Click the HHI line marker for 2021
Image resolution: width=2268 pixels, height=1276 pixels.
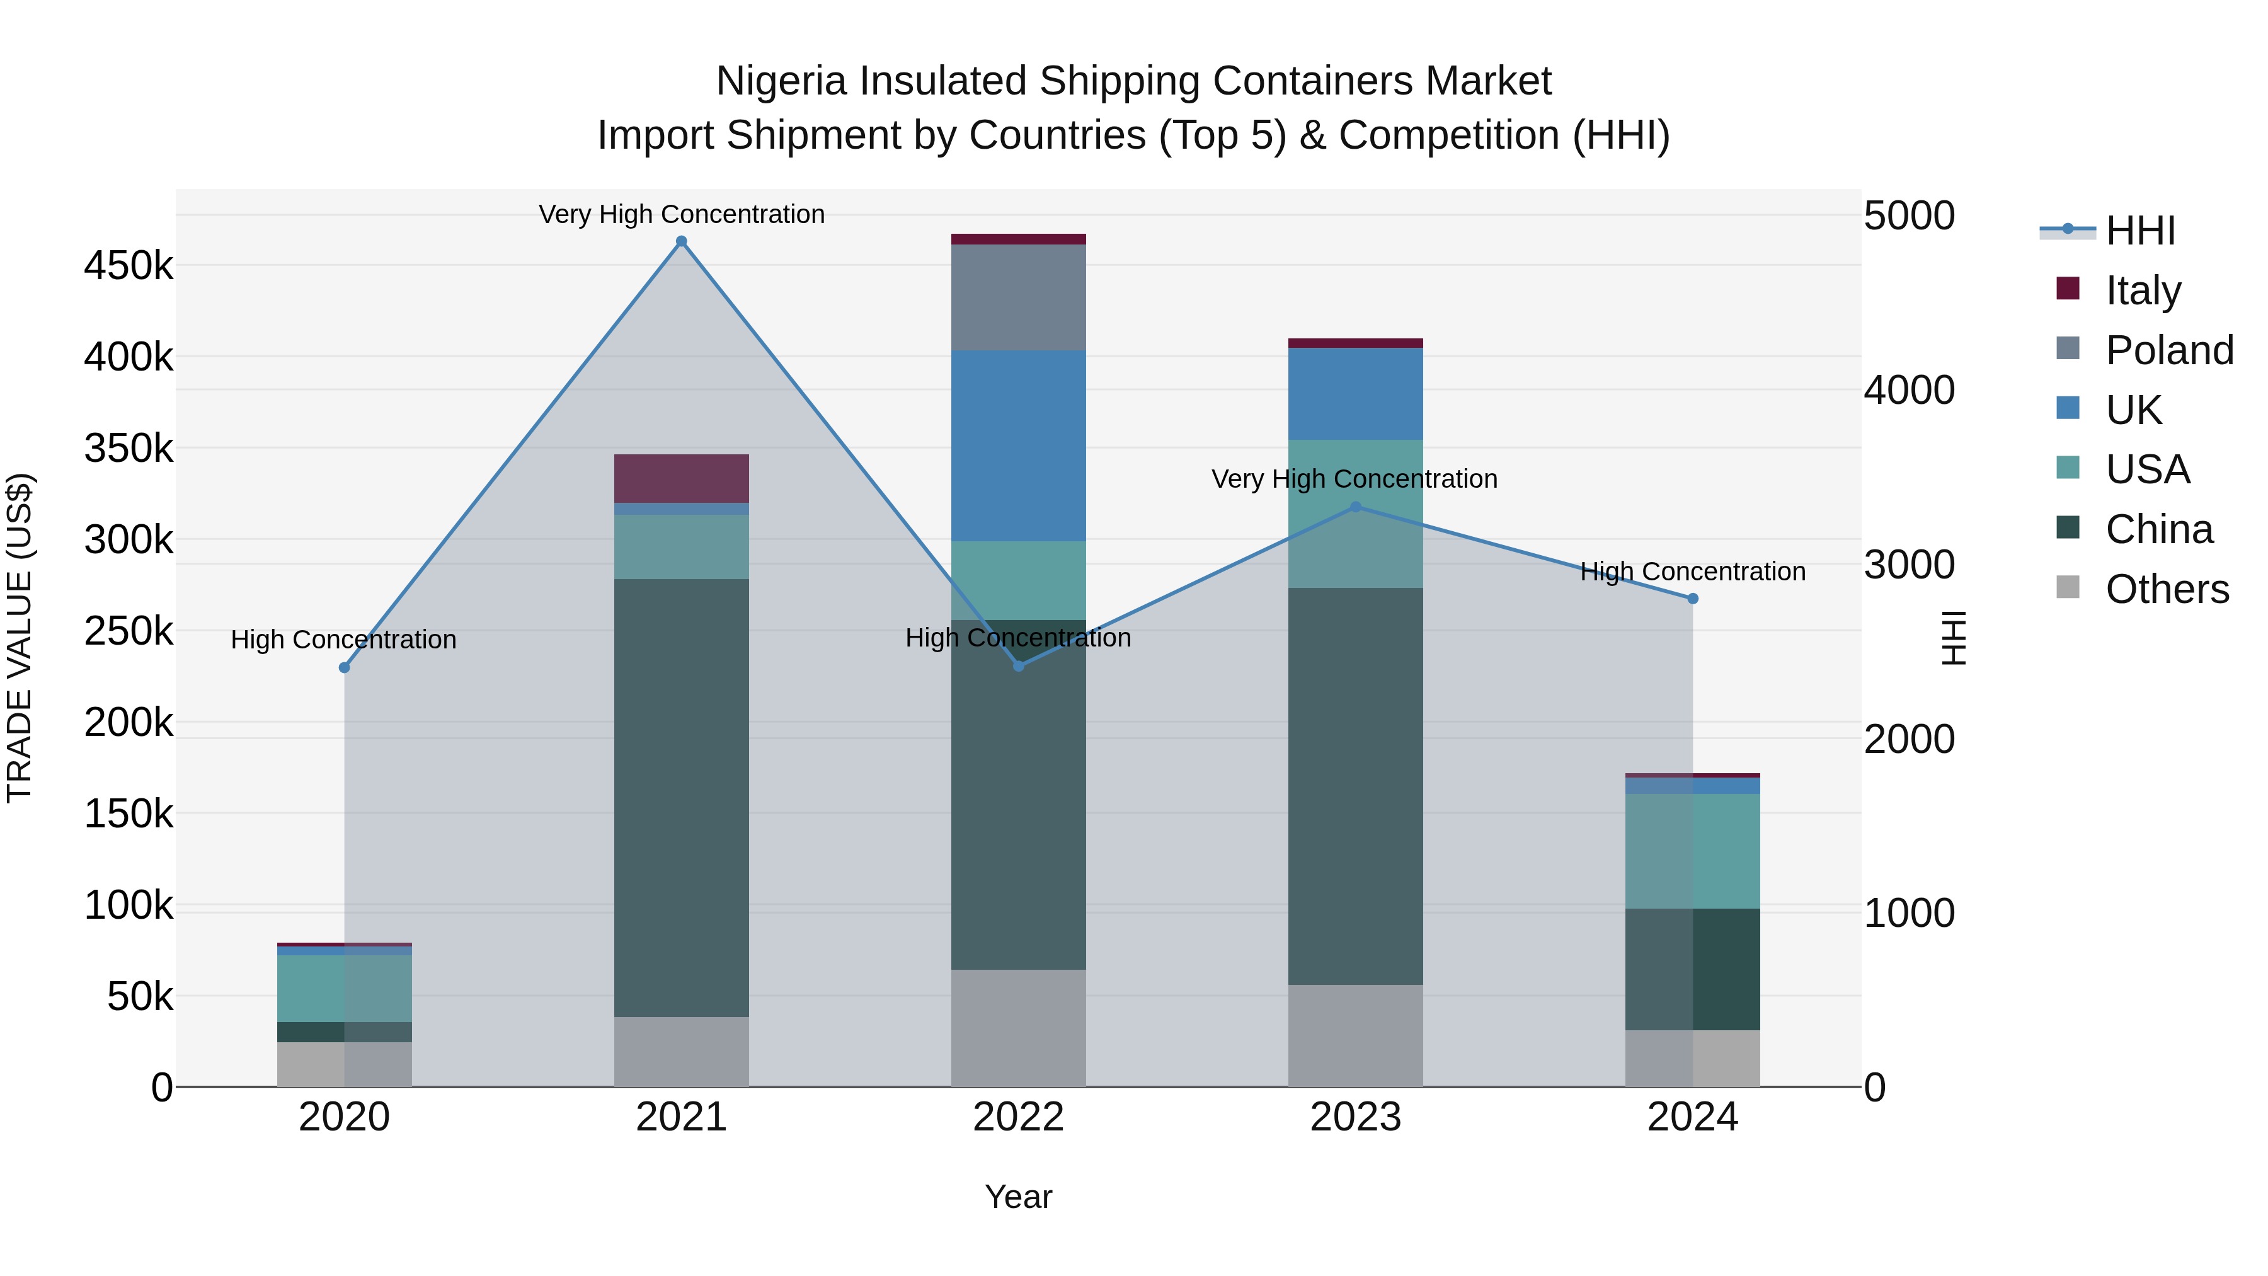pos(682,241)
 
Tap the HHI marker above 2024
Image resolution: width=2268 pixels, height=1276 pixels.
pos(1692,599)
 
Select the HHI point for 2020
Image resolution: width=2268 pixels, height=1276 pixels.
pos(344,667)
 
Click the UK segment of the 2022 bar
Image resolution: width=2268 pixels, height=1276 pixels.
pos(1019,445)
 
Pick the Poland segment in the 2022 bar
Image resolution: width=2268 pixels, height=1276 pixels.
pos(1019,297)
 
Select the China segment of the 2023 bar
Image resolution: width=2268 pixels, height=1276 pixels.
pos(1356,786)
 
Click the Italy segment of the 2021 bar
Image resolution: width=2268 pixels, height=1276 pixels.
pos(682,478)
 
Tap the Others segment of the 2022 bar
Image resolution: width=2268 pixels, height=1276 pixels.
pos(1019,1028)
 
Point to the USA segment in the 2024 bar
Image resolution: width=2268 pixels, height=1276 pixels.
pos(1692,851)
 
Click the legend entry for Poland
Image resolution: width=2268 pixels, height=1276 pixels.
pos(2169,350)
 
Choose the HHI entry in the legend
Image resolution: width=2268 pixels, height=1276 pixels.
pos(2140,231)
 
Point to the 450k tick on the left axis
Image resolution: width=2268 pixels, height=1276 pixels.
pos(129,266)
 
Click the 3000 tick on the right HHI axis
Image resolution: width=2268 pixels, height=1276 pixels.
pos(1909,565)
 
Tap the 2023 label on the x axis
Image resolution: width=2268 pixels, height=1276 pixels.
pos(1356,1117)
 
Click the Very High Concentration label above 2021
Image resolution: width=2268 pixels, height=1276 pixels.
pos(682,214)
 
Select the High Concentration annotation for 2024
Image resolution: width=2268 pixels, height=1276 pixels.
pos(1692,572)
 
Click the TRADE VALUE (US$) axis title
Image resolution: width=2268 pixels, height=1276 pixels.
pos(20,638)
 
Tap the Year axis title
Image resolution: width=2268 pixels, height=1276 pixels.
pos(1019,1197)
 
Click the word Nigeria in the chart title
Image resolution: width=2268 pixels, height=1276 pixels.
pos(782,81)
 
